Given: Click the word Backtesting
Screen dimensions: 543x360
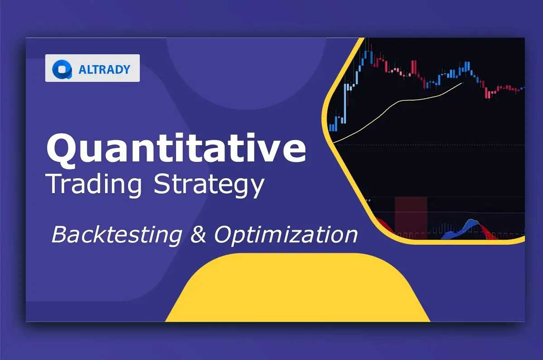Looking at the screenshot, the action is click(117, 235).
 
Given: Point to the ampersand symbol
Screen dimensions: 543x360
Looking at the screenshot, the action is click(198, 234).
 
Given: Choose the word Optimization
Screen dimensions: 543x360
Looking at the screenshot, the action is click(286, 235).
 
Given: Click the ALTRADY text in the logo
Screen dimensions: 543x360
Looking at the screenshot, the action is click(105, 70).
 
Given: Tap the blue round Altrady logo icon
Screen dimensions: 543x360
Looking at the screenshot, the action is click(62, 69).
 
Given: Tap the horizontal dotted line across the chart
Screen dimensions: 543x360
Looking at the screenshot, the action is click(429, 145).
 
